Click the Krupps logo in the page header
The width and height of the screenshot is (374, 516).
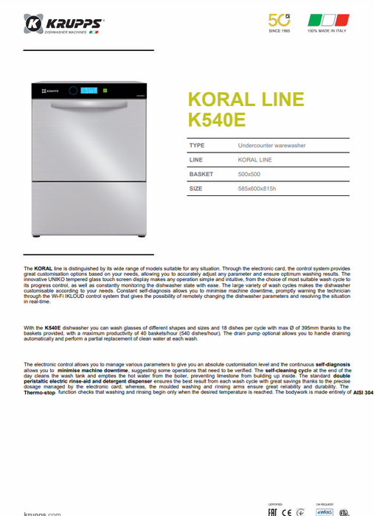point(64,24)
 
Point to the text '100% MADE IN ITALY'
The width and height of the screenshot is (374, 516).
point(322,31)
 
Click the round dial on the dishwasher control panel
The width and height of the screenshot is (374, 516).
point(72,91)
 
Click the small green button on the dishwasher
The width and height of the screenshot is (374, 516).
point(105,91)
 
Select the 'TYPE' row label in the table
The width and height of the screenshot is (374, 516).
point(197,146)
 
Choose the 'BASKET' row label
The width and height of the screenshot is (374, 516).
point(201,174)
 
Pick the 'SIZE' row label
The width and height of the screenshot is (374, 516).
point(195,188)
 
